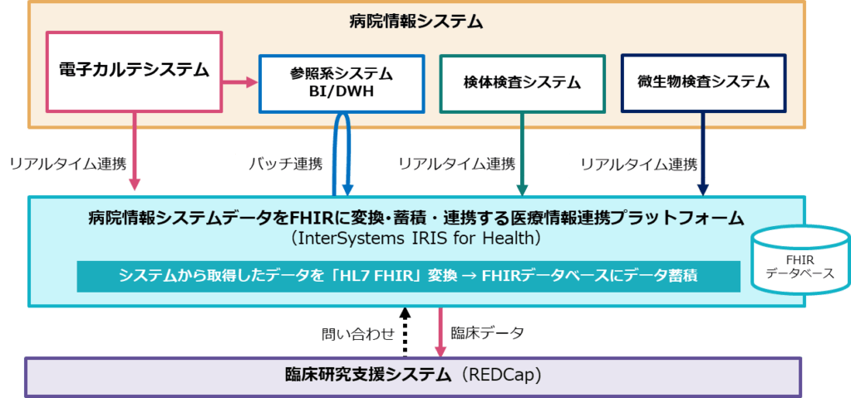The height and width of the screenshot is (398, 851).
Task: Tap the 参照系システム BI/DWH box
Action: tap(341, 83)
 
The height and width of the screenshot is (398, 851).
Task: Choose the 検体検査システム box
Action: tap(521, 83)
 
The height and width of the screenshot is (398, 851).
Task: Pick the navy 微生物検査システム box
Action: tap(702, 82)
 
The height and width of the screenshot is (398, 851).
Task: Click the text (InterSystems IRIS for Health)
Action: tap(416, 239)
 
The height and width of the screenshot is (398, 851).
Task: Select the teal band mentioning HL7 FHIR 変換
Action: tap(407, 276)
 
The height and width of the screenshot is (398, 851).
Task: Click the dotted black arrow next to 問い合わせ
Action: tap(405, 330)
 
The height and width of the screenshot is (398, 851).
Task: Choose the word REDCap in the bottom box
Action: tap(504, 376)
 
